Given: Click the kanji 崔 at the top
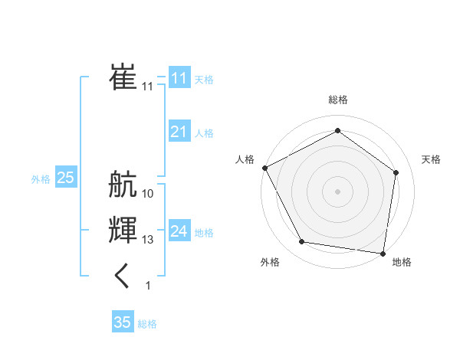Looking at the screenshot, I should pos(123,76).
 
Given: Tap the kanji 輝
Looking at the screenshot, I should pos(123,231).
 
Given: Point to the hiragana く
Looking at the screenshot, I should pos(123,276).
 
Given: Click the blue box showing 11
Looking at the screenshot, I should pos(179,78).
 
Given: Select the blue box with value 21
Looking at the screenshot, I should pos(179,132).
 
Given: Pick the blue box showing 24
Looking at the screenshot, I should pos(179,231).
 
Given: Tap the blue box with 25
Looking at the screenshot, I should pos(65,178).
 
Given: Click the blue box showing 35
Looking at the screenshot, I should pos(123,322).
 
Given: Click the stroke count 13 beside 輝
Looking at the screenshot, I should pos(148,240).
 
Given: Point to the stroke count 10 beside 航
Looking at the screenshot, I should pos(148,194).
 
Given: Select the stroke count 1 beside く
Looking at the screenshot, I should pos(148,286).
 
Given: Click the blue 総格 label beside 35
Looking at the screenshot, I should pos(147,324).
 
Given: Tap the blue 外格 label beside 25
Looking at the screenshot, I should pos(41,179).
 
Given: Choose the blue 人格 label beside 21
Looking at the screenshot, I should pos(204,133).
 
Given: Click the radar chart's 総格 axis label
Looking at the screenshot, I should pos(337,100).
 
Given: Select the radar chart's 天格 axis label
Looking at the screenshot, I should pos(431,159).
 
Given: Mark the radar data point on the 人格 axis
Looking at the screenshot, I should pos(264,168).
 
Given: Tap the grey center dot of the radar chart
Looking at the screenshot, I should pos(337,191).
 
